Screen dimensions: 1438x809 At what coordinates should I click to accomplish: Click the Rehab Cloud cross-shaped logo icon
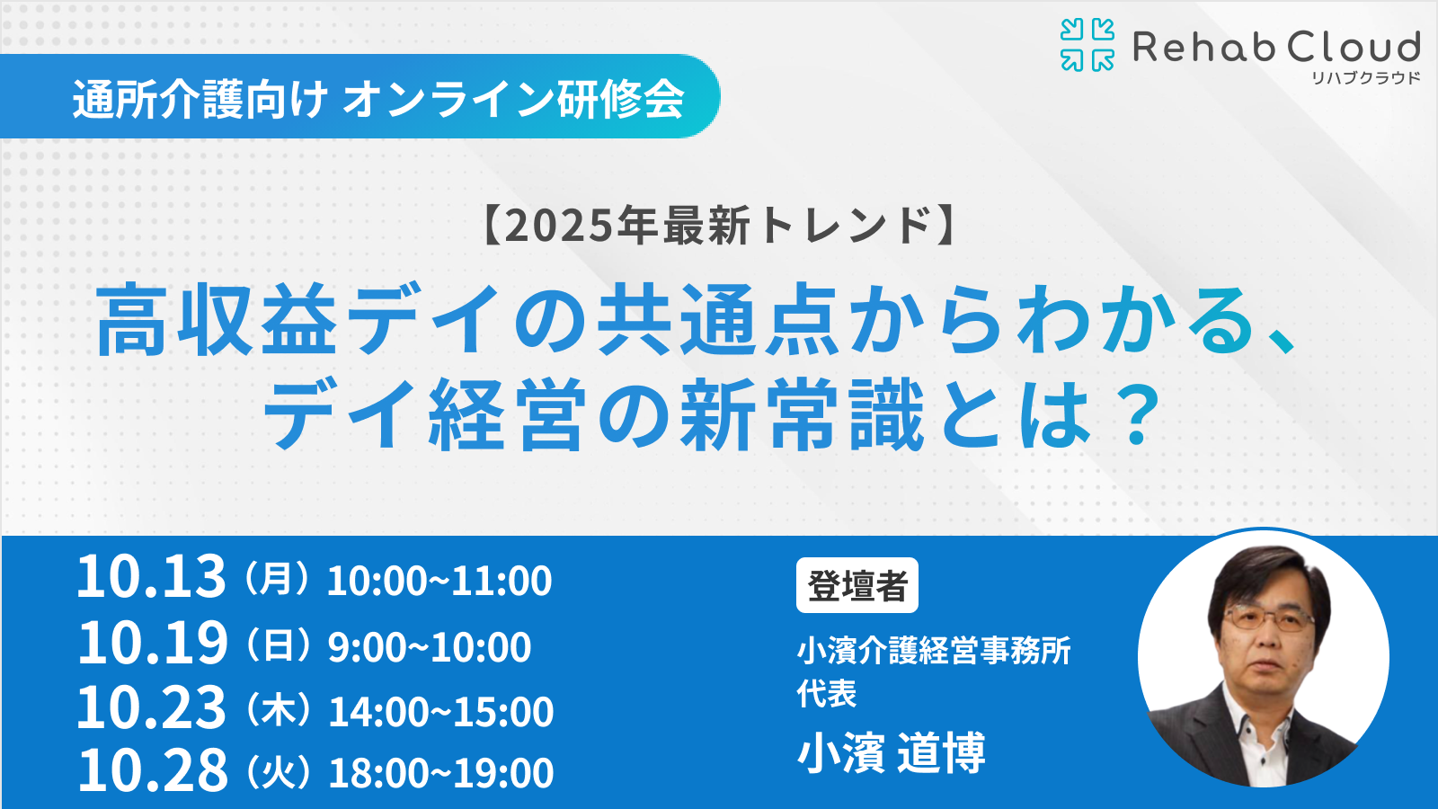pos(1087,44)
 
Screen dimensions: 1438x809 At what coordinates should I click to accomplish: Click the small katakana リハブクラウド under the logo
pos(1365,78)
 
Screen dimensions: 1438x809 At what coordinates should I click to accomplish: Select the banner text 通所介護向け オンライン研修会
pos(378,100)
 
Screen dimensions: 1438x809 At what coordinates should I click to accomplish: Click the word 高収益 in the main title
pos(217,320)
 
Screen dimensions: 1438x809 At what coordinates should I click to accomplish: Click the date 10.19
pos(152,643)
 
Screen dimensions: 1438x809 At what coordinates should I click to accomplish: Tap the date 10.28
pos(153,769)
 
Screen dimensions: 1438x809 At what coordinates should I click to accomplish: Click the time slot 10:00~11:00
pos(439,581)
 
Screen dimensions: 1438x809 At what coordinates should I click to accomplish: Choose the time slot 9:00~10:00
pos(430,647)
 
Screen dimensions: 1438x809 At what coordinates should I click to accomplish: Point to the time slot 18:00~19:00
pos(441,773)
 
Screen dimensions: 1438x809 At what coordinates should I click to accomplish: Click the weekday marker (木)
pos(278,711)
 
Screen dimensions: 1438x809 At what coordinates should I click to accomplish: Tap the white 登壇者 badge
pos(857,585)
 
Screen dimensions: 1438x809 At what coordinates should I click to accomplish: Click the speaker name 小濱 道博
pos(891,753)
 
